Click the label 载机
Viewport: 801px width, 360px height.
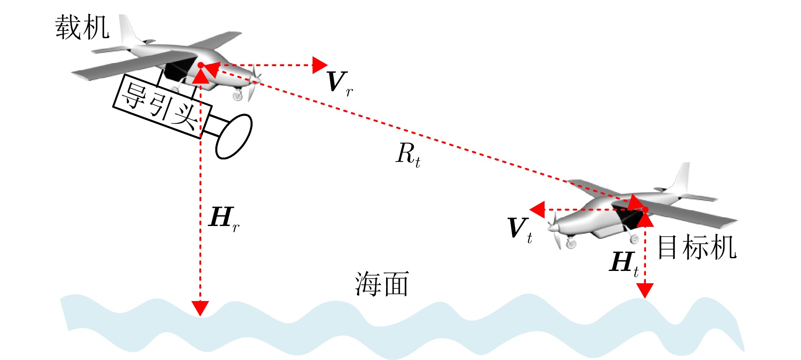pyautogui.click(x=82, y=28)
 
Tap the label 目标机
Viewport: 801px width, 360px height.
pyautogui.click(x=697, y=248)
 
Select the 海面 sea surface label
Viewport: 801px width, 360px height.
pyautogui.click(x=382, y=284)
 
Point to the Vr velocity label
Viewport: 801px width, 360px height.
pyautogui.click(x=340, y=84)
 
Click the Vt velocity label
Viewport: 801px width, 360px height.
pyautogui.click(x=520, y=230)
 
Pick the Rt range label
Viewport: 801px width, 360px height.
pyautogui.click(x=408, y=155)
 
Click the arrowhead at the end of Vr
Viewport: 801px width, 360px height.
pyautogui.click(x=320, y=65)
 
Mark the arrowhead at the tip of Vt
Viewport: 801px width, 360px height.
pyautogui.click(x=537, y=209)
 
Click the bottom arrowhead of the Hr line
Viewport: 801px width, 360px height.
pyautogui.click(x=200, y=308)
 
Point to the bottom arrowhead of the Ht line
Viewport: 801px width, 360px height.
pyautogui.click(x=645, y=291)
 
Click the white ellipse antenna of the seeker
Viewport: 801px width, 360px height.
pyautogui.click(x=234, y=137)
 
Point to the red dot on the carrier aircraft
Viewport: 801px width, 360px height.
pyautogui.click(x=200, y=65)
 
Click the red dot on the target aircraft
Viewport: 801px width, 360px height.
pyautogui.click(x=645, y=209)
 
